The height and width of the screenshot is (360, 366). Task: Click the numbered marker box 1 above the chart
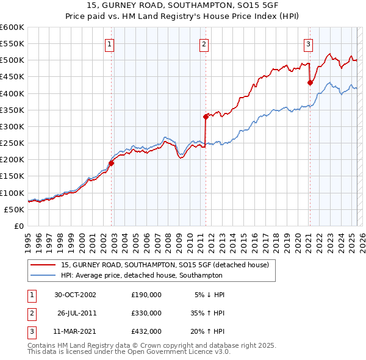(109, 44)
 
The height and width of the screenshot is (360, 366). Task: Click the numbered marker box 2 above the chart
(203, 44)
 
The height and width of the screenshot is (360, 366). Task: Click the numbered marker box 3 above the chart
(309, 44)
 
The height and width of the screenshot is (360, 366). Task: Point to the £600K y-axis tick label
(12, 27)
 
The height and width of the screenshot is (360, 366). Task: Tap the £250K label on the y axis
(12, 143)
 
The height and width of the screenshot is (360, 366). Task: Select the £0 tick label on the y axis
(19, 226)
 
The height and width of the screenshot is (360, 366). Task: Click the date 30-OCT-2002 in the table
(75, 295)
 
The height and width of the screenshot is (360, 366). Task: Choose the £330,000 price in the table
(146, 313)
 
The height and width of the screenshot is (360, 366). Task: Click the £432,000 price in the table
(146, 331)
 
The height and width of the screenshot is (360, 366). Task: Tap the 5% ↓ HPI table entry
(210, 295)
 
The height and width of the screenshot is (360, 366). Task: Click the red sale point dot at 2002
(112, 163)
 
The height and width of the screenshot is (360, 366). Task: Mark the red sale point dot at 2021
(309, 83)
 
